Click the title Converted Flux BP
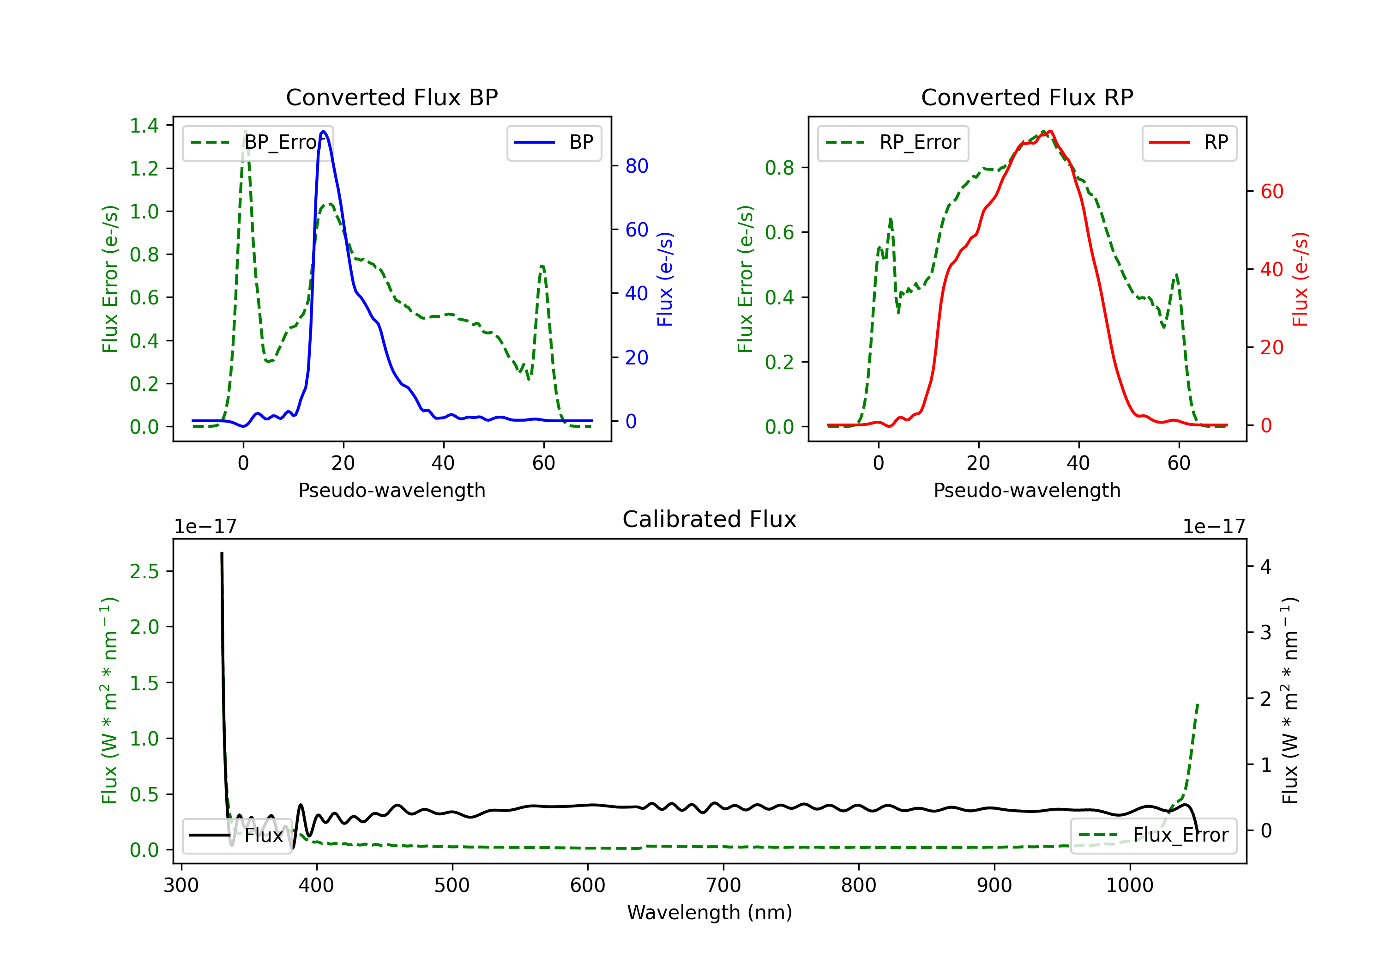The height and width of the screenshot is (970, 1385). (x=391, y=97)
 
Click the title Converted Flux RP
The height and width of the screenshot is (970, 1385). (x=1027, y=97)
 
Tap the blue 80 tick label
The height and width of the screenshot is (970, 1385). (x=636, y=166)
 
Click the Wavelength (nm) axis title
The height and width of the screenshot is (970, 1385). (x=710, y=912)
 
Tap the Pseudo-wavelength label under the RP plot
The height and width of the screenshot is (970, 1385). (x=1027, y=490)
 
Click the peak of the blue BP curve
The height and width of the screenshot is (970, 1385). (x=323, y=131)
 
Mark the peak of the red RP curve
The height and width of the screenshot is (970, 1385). (x=1050, y=131)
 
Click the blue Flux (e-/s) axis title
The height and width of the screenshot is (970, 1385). (x=665, y=279)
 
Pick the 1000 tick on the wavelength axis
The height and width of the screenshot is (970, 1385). (x=1129, y=885)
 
